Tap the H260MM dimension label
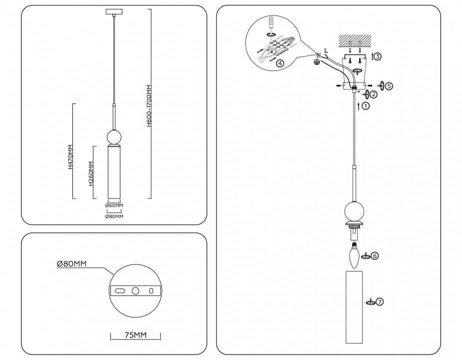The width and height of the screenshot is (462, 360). click(x=91, y=173)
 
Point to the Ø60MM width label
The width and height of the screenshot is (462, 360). click(x=114, y=205)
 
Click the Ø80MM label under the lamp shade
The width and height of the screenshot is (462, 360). click(x=114, y=216)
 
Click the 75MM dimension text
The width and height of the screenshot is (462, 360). click(x=135, y=335)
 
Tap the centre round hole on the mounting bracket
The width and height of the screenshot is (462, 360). click(x=135, y=291)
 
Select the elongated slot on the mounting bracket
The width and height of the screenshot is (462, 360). click(x=119, y=291)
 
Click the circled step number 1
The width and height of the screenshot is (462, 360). click(x=366, y=106)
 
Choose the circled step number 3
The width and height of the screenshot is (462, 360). click(x=378, y=56)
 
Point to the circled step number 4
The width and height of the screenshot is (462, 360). click(x=280, y=63)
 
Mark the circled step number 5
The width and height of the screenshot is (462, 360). click(x=389, y=85)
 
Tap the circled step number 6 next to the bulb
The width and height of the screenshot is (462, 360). click(x=375, y=255)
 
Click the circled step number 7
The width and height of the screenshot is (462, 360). click(x=380, y=302)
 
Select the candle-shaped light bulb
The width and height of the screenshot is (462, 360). click(x=354, y=254)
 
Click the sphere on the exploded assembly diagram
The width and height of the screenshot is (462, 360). click(x=354, y=210)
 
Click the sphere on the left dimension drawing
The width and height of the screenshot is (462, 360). click(x=114, y=136)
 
